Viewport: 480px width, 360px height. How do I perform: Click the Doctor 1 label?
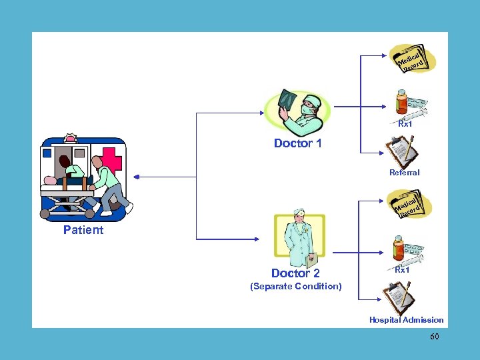[x=297, y=143]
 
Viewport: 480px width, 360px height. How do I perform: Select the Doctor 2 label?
[x=295, y=273]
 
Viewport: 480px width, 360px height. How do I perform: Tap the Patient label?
[x=83, y=230]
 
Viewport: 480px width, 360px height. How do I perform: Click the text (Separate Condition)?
[x=295, y=287]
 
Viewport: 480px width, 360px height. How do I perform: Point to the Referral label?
[x=404, y=173]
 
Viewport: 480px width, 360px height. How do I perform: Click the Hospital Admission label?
[x=406, y=320]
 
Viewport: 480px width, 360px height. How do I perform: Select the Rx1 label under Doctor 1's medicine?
[x=405, y=124]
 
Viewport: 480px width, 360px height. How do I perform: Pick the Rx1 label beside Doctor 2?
[x=402, y=270]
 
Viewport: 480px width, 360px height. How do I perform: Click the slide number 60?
[x=434, y=337]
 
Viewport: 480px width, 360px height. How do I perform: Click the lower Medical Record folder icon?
[x=411, y=203]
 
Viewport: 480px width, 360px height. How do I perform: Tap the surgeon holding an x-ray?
[x=297, y=112]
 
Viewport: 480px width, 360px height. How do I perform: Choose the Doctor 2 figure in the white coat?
[x=299, y=237]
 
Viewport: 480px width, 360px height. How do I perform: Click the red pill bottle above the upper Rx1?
[x=401, y=103]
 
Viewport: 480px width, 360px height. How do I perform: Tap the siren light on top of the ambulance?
[x=70, y=139]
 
